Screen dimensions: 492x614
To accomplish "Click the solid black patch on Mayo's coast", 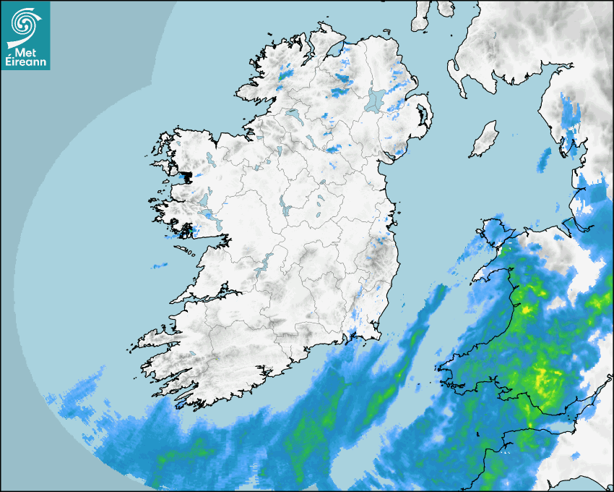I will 187,175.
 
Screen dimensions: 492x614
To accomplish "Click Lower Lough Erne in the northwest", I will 293,115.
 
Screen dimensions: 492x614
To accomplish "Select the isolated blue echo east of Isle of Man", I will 543,161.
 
